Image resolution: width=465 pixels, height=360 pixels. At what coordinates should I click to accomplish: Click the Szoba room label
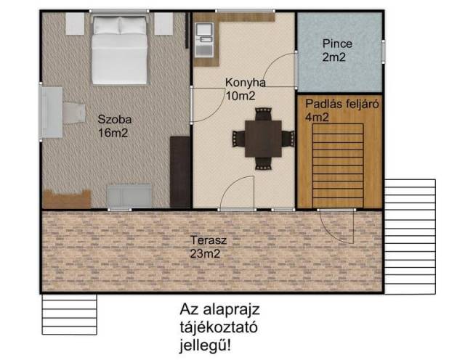click(115, 120)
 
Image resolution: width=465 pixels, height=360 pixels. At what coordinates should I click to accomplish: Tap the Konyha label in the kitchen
click(246, 83)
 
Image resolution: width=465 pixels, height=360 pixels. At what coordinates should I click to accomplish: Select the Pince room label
click(337, 44)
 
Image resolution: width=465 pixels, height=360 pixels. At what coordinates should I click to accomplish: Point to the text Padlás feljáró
click(342, 104)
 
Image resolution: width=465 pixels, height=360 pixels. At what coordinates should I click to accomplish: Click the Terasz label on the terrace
click(209, 240)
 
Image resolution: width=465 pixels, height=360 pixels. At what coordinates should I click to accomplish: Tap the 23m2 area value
click(205, 254)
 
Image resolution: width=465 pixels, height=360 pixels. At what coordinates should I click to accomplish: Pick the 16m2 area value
click(113, 133)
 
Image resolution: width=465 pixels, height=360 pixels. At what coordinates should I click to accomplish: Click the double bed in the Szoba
click(119, 50)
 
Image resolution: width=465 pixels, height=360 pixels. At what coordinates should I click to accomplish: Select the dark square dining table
click(263, 139)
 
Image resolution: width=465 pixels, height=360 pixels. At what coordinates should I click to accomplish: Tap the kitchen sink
click(204, 40)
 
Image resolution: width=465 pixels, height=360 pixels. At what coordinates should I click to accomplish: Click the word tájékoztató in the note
click(219, 328)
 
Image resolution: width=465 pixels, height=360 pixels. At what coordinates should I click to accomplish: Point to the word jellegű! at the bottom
click(205, 345)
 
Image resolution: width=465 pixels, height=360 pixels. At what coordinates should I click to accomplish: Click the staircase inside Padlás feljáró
click(338, 165)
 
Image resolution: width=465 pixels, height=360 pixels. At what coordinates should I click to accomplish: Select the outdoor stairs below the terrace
click(70, 314)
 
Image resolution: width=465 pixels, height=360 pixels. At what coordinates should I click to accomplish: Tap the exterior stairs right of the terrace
click(410, 237)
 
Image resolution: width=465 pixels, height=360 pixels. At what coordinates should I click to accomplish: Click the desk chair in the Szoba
click(74, 112)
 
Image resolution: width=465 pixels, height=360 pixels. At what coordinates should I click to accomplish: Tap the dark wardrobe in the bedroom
click(179, 172)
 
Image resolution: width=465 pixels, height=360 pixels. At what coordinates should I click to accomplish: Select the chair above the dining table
click(263, 114)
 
